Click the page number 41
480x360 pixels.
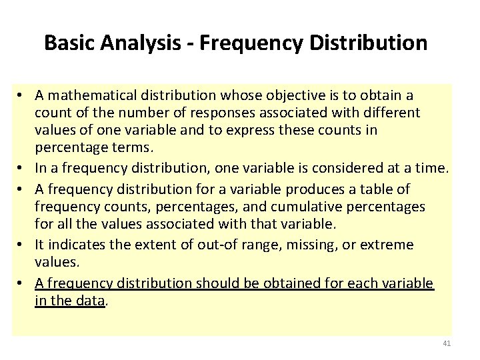click(x=447, y=343)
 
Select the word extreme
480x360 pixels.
click(x=388, y=245)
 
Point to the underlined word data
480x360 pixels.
click(x=90, y=301)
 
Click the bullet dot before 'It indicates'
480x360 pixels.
click(x=23, y=245)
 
